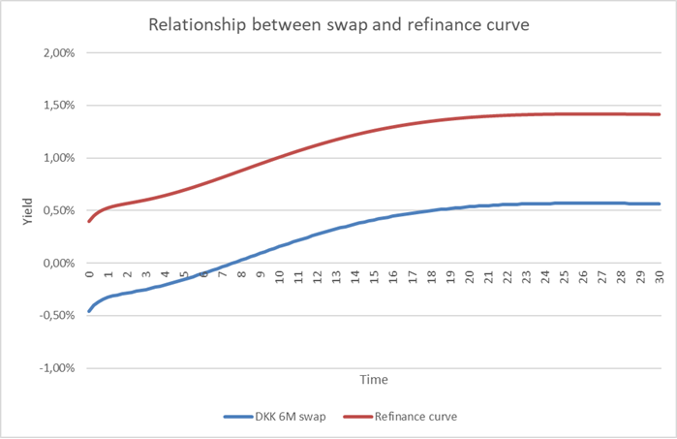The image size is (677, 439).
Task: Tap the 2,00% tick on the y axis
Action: pos(57,52)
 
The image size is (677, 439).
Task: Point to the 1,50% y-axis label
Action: pos(57,105)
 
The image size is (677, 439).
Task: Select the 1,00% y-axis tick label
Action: pos(57,158)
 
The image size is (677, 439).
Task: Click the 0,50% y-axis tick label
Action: pos(57,210)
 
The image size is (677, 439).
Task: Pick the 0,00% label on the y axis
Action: pos(57,263)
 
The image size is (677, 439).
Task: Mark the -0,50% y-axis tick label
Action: pos(55,316)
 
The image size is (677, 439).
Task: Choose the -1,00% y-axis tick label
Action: pos(55,368)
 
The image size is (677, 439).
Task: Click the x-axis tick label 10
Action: pos(279,277)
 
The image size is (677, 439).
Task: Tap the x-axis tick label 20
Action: pos(469,277)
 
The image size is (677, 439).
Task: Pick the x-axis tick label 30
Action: pos(659,277)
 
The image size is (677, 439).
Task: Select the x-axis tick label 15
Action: pos(374,277)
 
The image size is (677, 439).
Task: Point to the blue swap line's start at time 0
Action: pos(89,311)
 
